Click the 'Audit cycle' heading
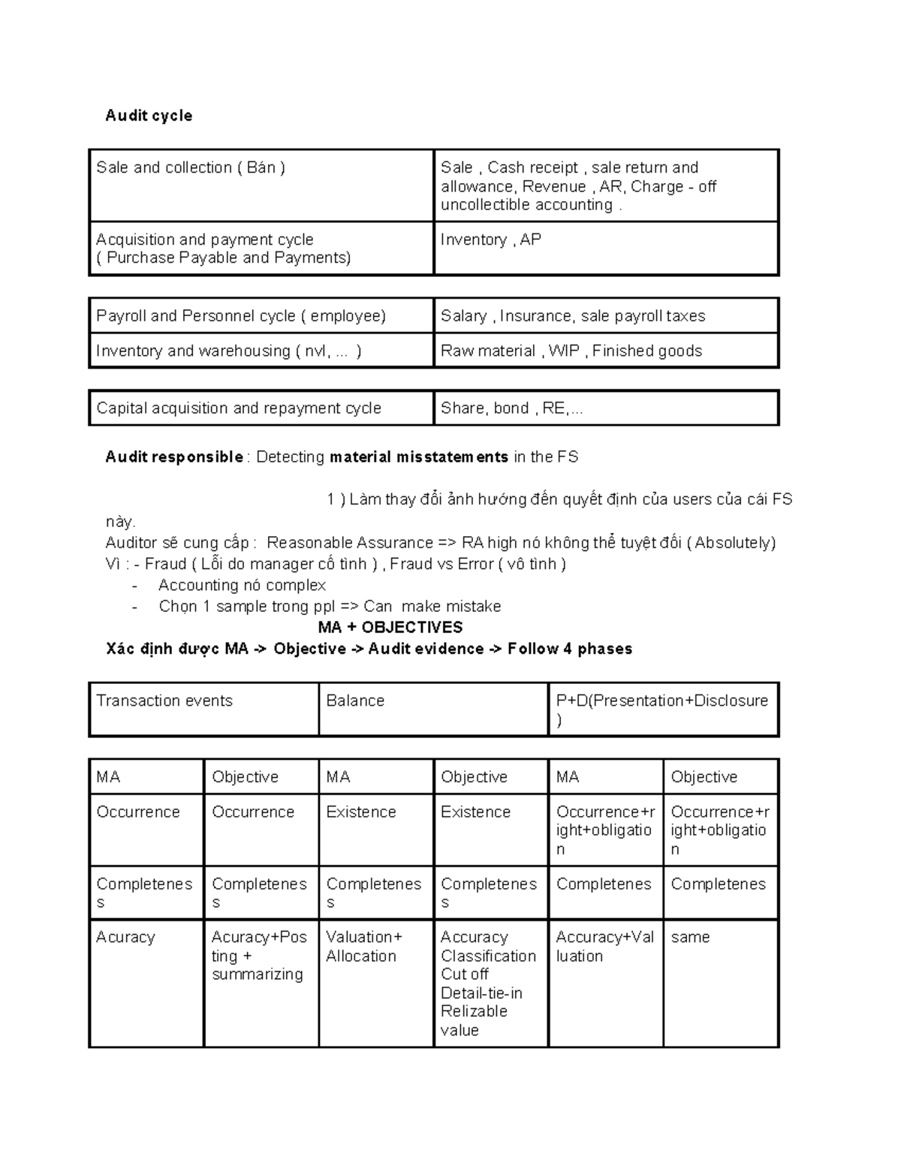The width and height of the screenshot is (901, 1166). (x=149, y=116)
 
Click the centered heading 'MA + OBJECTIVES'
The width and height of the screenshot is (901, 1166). (x=390, y=627)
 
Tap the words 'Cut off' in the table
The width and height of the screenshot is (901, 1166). (x=465, y=974)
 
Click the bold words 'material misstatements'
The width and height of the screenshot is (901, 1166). (x=419, y=457)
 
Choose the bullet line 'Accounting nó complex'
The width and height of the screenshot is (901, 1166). (x=242, y=585)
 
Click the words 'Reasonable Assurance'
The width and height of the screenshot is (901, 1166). (x=350, y=543)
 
